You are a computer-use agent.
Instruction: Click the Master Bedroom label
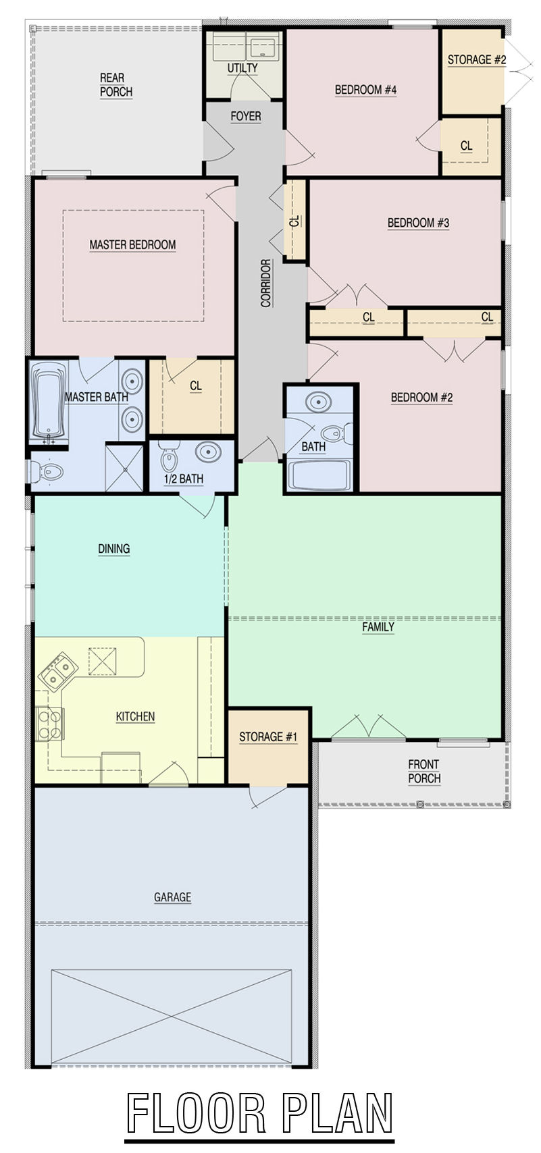click(132, 244)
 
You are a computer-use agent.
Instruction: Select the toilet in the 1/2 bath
click(168, 457)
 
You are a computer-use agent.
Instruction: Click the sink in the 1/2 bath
click(208, 452)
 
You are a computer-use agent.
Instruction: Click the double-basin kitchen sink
click(57, 668)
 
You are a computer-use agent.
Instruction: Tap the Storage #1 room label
click(268, 737)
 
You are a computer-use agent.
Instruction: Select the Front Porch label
click(424, 771)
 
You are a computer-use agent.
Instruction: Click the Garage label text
click(173, 897)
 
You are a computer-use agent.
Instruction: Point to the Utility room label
click(242, 68)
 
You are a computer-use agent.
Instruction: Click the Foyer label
click(246, 116)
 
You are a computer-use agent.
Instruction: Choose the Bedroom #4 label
click(366, 90)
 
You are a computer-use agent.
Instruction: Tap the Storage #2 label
click(477, 59)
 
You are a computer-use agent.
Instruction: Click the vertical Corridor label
click(266, 283)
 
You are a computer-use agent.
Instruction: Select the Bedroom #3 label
click(418, 223)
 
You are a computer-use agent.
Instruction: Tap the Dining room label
click(114, 549)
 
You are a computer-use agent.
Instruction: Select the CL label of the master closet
click(196, 386)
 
